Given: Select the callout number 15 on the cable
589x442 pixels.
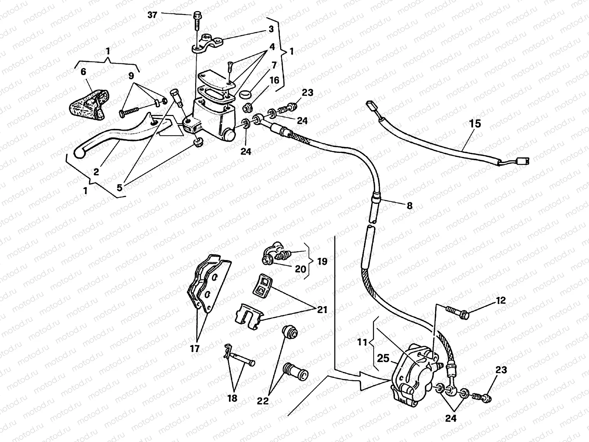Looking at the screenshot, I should (x=475, y=124).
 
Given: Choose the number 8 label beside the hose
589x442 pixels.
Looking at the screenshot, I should (x=409, y=206).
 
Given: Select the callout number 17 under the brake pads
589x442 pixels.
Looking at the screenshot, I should (x=195, y=348).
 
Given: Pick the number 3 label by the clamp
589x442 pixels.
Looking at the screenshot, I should (x=271, y=29).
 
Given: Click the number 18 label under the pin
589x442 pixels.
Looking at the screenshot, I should (x=232, y=398).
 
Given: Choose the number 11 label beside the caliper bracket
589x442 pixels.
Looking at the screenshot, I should (x=362, y=342).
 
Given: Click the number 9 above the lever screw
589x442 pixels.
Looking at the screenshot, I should (x=131, y=77).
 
